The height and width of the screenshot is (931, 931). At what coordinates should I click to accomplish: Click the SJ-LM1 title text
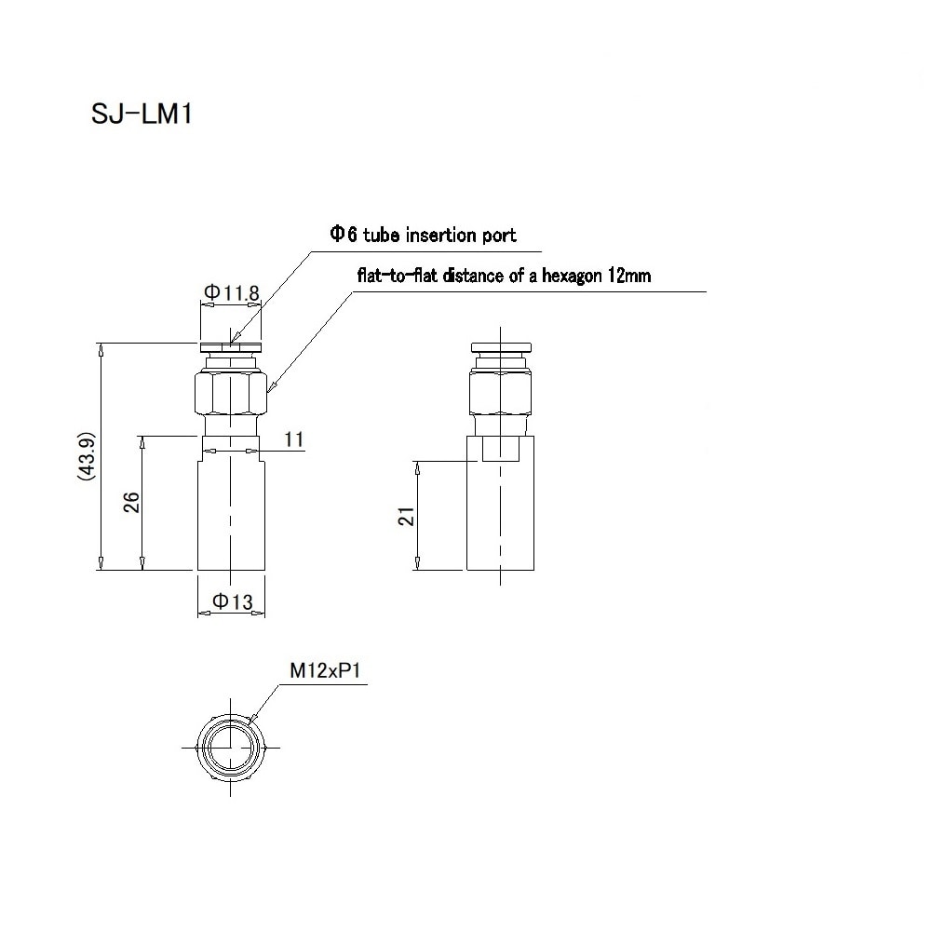tap(142, 114)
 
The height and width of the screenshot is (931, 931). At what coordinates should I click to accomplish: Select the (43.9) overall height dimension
tap(86, 455)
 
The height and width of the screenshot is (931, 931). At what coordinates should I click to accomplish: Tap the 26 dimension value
tap(131, 503)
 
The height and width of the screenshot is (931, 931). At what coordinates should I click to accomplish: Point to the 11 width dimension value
tap(294, 440)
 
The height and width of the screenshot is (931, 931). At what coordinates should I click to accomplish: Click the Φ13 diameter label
tap(232, 602)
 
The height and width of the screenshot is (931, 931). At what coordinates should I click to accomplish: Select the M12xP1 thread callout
tap(323, 670)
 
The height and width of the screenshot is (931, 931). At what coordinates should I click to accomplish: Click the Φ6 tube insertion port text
tap(422, 235)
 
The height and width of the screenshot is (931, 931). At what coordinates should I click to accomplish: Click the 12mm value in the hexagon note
tap(631, 276)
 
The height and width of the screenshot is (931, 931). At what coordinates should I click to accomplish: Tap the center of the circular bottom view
tap(230, 747)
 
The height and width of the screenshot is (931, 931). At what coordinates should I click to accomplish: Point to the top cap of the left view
tap(230, 347)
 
